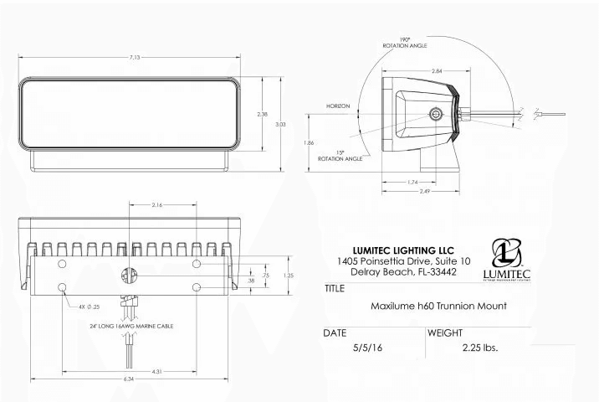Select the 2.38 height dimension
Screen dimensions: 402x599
click(262, 113)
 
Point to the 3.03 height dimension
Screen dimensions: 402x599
click(281, 123)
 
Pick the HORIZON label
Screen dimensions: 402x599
click(339, 106)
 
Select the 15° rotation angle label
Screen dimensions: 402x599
click(343, 155)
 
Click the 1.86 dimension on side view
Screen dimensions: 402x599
click(309, 143)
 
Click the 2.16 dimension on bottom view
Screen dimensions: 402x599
click(158, 204)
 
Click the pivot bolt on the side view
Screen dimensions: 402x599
click(434, 114)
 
